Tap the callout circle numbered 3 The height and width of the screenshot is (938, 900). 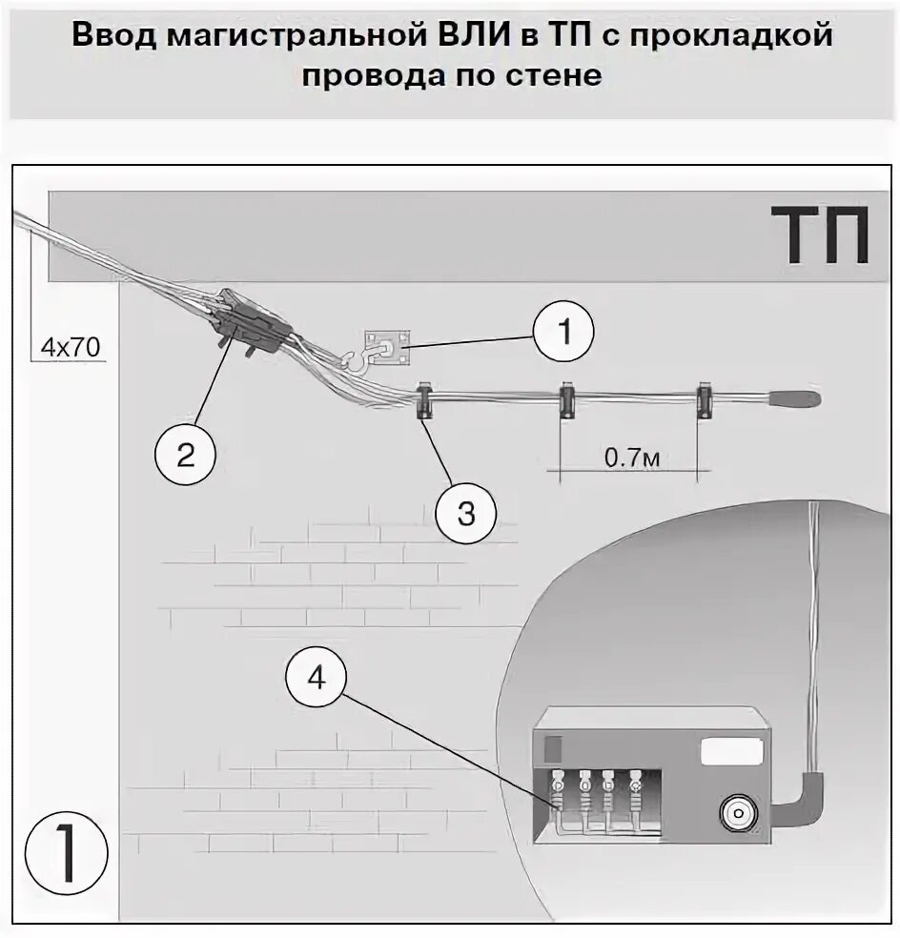466,513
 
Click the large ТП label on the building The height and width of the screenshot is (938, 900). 820,236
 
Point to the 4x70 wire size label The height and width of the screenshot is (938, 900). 70,347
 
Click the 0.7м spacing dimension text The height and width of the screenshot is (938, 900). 631,458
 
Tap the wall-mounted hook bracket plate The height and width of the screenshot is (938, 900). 389,350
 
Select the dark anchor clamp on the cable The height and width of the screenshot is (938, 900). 253,322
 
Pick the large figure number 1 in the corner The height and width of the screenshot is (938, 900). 67,850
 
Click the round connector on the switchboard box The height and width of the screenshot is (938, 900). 737,814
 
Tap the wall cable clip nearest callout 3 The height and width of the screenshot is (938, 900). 425,400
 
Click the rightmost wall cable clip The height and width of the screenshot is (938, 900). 706,400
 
